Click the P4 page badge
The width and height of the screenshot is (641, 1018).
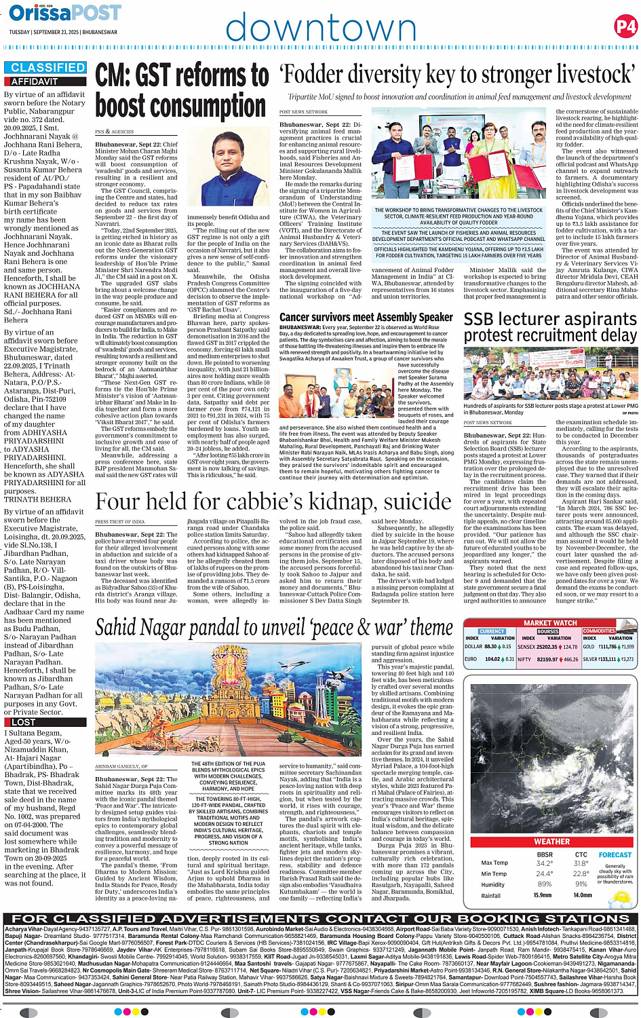click(625, 26)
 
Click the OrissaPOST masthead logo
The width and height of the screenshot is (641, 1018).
click(64, 13)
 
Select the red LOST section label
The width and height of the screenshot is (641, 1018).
click(24, 722)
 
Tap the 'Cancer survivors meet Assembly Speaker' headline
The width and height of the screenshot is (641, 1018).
click(366, 317)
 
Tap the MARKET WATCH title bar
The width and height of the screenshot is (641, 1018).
click(549, 622)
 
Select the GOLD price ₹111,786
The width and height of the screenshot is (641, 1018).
click(608, 647)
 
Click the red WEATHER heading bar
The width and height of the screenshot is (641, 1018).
click(551, 842)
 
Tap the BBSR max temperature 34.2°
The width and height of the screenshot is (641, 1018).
click(544, 863)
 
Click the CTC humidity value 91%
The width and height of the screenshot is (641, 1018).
click(581, 884)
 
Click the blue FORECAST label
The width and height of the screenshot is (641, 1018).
click(615, 855)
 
